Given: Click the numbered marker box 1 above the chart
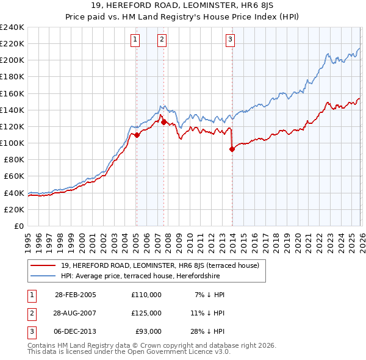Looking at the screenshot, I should coord(134,40).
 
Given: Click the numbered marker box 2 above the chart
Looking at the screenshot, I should coord(162,40).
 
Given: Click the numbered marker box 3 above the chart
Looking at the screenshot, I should coord(231,40).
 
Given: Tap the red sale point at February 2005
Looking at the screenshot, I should coord(137,135).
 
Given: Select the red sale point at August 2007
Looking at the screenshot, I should coord(163,122).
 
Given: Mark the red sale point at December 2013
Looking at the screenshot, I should coord(232,149).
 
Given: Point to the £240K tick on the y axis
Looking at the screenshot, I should coord(12,27).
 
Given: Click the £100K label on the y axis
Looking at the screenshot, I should coord(12,143).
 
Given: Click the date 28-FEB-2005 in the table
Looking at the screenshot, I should coord(76,295).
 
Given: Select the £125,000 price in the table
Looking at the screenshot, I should coord(146,313).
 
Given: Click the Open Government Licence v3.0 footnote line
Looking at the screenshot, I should coord(129,352).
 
